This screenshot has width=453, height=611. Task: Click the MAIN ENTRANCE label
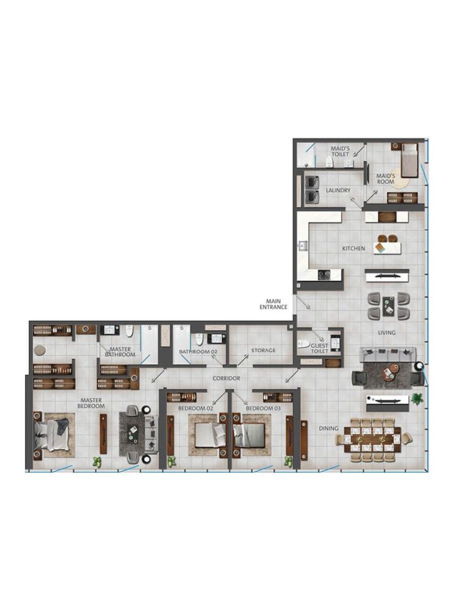(274, 304)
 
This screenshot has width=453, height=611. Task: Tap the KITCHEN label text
(353, 248)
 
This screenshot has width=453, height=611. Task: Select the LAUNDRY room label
(338, 190)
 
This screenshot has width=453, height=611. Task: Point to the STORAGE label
(263, 350)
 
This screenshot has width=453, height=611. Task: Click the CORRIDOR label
(227, 378)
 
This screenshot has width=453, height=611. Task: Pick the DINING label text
(328, 428)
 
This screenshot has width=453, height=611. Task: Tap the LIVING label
(387, 332)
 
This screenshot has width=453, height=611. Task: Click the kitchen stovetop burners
(324, 275)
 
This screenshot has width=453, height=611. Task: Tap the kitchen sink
(302, 246)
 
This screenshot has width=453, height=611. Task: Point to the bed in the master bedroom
(52, 435)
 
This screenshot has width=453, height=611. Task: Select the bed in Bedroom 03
(249, 434)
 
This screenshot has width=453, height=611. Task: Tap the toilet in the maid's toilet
(329, 162)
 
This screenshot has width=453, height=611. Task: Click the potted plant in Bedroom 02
(172, 462)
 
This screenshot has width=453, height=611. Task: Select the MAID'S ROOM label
(386, 179)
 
